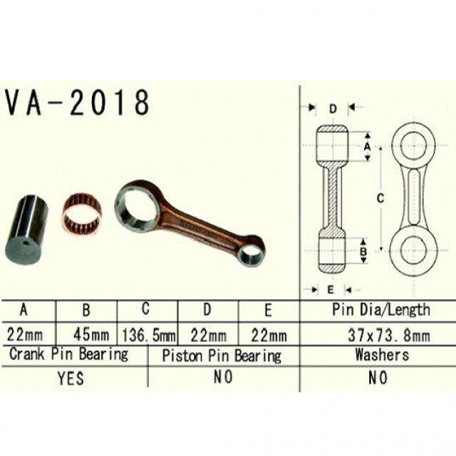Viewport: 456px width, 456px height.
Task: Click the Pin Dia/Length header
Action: (x=380, y=310)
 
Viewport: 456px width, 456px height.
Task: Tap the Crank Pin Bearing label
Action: (x=68, y=354)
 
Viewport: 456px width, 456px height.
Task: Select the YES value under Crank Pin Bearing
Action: (x=70, y=378)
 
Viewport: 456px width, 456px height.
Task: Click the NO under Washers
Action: (x=378, y=378)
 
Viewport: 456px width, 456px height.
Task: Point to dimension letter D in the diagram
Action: (x=333, y=108)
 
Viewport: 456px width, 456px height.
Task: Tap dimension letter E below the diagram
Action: (x=331, y=289)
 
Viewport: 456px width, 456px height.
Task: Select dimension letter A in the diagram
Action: (x=368, y=145)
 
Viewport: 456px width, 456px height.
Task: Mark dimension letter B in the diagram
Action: (x=363, y=251)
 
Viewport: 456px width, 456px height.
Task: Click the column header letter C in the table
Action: (x=146, y=309)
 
